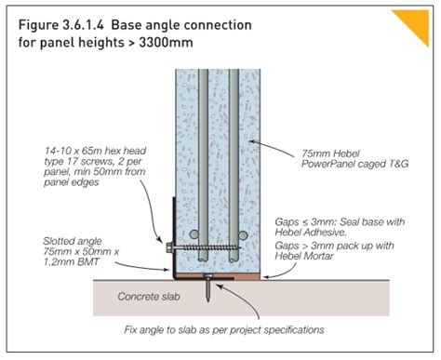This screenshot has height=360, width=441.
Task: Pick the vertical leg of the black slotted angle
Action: click(x=173, y=233)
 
